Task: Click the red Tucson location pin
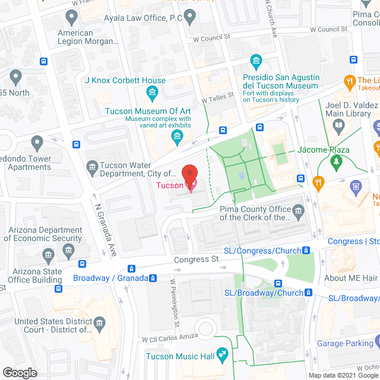(x=189, y=178)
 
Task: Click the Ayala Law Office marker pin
(x=190, y=18)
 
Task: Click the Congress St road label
(x=196, y=259)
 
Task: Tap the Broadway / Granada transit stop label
(x=110, y=278)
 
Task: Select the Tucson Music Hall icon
(x=223, y=356)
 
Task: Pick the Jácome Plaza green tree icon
(x=337, y=161)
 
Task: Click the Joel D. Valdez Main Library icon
(x=338, y=125)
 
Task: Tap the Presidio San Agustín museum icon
(x=256, y=61)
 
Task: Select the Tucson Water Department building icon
(x=92, y=167)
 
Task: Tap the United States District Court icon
(x=99, y=324)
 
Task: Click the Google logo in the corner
(x=19, y=372)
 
